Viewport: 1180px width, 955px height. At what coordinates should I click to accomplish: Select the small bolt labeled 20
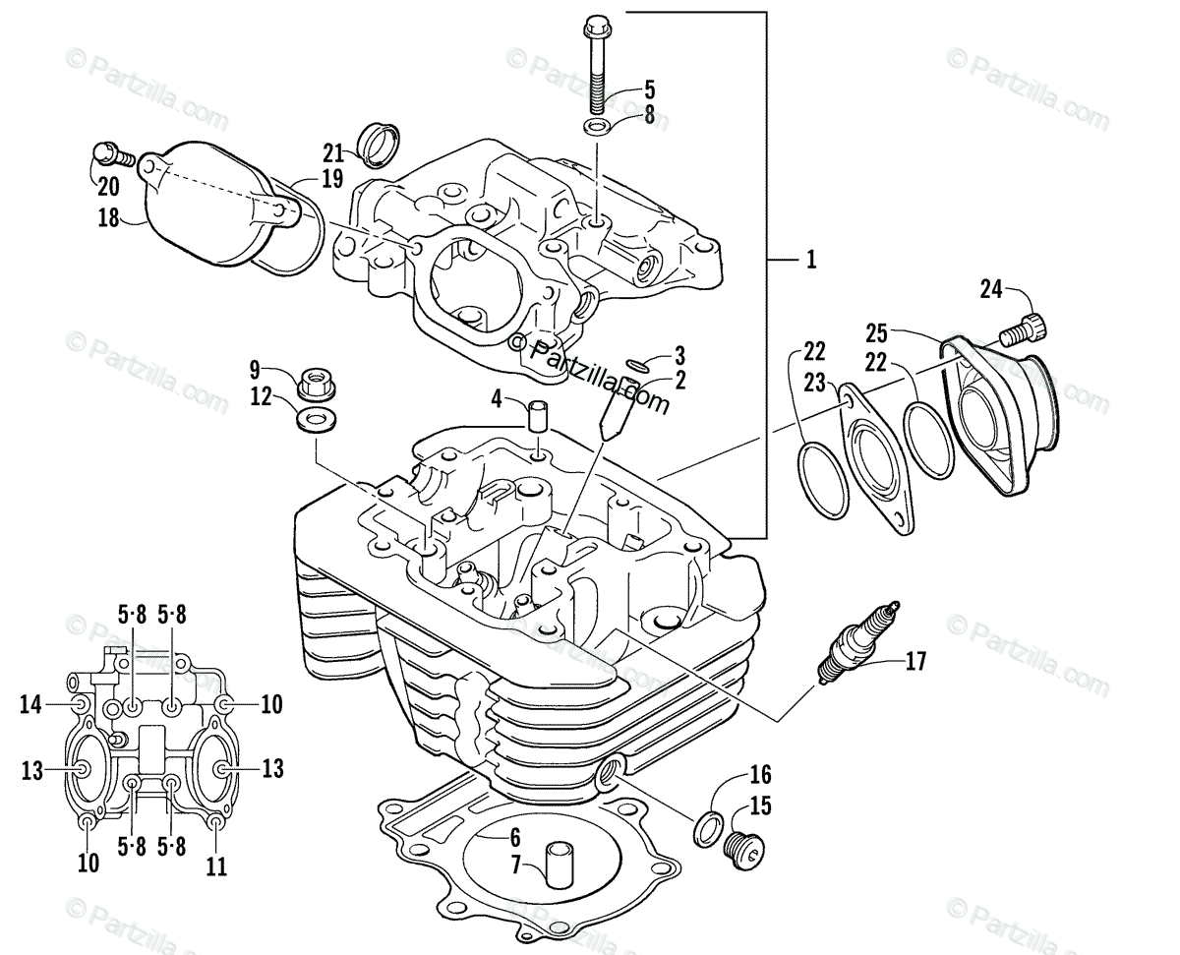click(107, 152)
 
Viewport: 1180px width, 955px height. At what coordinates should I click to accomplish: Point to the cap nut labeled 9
click(314, 379)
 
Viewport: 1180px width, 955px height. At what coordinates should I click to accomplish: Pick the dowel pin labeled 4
click(539, 414)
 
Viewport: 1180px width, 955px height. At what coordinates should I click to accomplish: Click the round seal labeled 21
click(379, 144)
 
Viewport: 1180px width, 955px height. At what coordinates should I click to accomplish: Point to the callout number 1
click(811, 260)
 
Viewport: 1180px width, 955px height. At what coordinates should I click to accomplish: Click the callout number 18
click(108, 217)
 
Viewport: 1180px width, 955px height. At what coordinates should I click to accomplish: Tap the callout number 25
click(877, 331)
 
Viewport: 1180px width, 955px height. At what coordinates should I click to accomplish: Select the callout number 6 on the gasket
click(513, 838)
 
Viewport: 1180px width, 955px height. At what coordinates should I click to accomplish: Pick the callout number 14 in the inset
click(30, 703)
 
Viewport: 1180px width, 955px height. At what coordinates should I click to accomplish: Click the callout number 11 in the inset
click(216, 866)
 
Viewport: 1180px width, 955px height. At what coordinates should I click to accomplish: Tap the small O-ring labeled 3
click(637, 367)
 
